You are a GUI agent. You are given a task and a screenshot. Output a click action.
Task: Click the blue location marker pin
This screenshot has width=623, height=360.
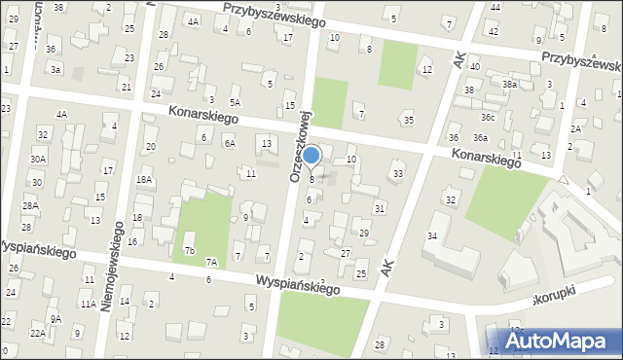(x=311, y=156)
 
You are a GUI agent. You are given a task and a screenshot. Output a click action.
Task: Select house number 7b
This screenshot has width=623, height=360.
(x=190, y=251)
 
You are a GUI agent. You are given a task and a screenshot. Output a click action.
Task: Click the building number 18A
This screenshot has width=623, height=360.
(x=144, y=180)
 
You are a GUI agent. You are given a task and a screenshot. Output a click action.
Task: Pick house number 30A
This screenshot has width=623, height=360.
(x=38, y=159)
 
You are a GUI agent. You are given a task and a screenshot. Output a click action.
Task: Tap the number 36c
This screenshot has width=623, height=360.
(x=487, y=118)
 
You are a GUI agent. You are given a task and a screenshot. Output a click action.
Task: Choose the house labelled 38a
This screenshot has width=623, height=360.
(x=509, y=85)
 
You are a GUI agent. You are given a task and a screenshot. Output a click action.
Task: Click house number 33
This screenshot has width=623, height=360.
(x=397, y=173)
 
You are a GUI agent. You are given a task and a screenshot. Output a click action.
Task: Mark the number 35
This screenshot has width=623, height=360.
(x=408, y=120)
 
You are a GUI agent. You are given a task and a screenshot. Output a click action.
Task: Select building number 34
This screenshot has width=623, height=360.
(x=432, y=236)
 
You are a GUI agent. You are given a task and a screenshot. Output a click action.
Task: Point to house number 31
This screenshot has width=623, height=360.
(x=380, y=208)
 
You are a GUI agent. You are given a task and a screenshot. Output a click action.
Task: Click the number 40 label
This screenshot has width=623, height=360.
(x=474, y=67)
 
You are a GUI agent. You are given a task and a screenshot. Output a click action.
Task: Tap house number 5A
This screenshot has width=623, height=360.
(x=235, y=102)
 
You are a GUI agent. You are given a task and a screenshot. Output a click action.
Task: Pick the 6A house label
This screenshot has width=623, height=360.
(x=230, y=143)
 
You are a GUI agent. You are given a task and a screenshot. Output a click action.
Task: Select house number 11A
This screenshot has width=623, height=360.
(x=88, y=305)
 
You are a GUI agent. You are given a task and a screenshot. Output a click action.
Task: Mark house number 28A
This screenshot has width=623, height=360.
(x=30, y=206)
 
